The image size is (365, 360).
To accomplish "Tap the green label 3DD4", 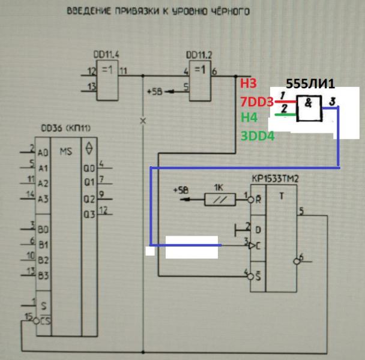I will coord(257,136).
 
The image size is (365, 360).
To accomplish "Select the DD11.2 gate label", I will coord(199,53).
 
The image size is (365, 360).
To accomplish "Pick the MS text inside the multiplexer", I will coord(65,151).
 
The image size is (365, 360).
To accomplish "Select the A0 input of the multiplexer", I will coord(41,153).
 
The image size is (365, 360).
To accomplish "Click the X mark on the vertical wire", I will coord(143,121).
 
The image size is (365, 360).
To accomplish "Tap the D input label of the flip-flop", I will coord(258,230).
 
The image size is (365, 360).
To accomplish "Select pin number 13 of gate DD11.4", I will coord(92,88).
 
